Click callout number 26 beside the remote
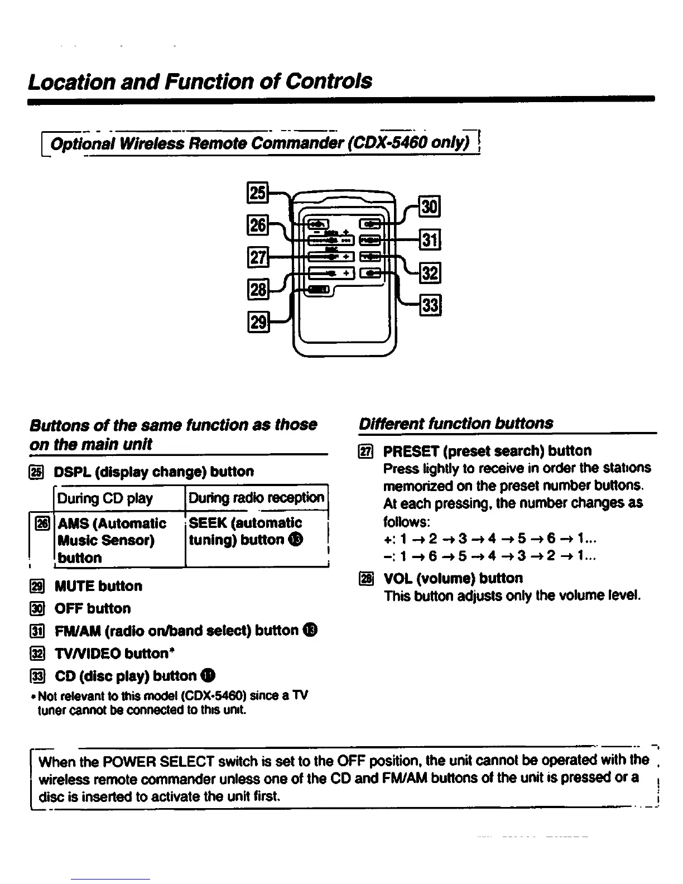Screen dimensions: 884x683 click(x=258, y=225)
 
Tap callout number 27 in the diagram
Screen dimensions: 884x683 click(x=258, y=257)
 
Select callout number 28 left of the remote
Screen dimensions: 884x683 click(x=258, y=290)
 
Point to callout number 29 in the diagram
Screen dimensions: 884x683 click(x=258, y=323)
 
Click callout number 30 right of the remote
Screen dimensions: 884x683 click(x=430, y=207)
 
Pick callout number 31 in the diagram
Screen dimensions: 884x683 click(x=430, y=240)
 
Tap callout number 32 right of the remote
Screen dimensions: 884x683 click(x=430, y=273)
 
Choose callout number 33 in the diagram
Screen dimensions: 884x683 click(x=430, y=305)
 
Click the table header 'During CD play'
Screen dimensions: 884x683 click(x=105, y=498)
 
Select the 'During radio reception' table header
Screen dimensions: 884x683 click(x=256, y=497)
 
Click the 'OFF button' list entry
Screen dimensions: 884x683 click(x=93, y=608)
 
